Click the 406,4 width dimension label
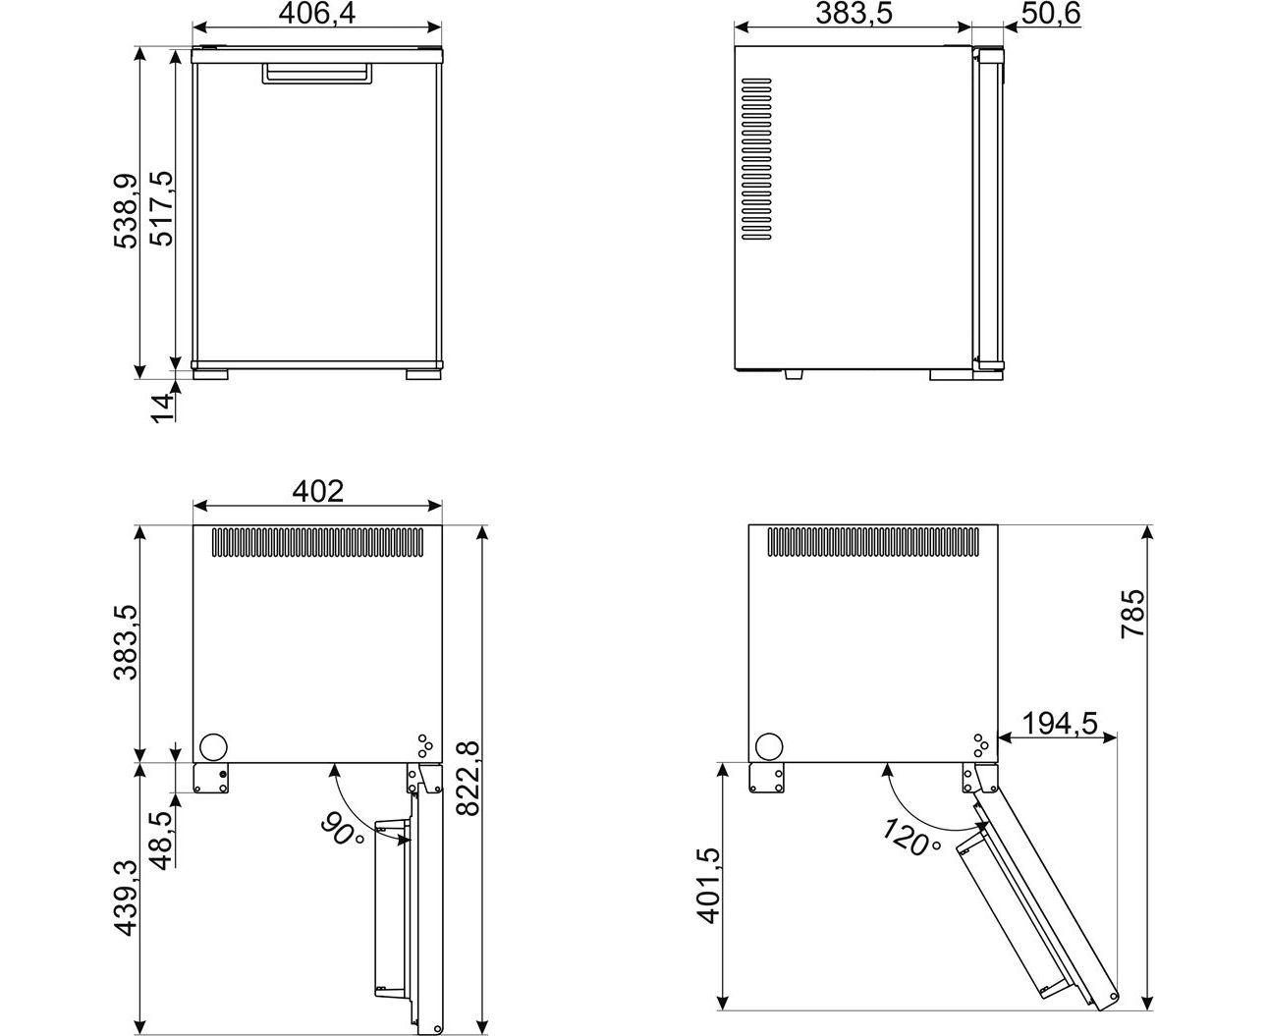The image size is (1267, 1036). click(317, 14)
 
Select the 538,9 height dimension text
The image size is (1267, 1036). click(126, 211)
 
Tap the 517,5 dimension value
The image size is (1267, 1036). click(161, 209)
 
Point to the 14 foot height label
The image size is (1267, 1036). click(162, 408)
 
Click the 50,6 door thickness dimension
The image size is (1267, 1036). click(1050, 13)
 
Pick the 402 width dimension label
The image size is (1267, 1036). click(318, 491)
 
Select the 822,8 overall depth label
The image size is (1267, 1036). click(468, 779)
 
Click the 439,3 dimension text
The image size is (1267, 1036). click(126, 898)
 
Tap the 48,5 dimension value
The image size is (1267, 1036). click(162, 841)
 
